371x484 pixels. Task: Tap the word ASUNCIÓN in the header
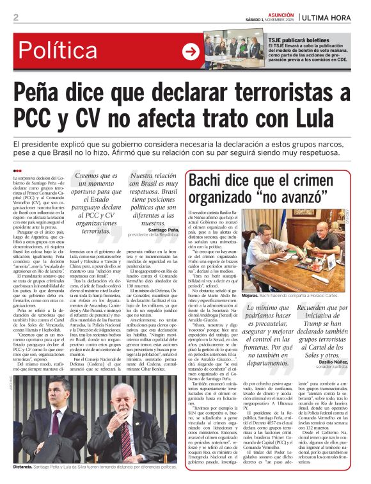281,13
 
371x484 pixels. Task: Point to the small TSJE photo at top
225,52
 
